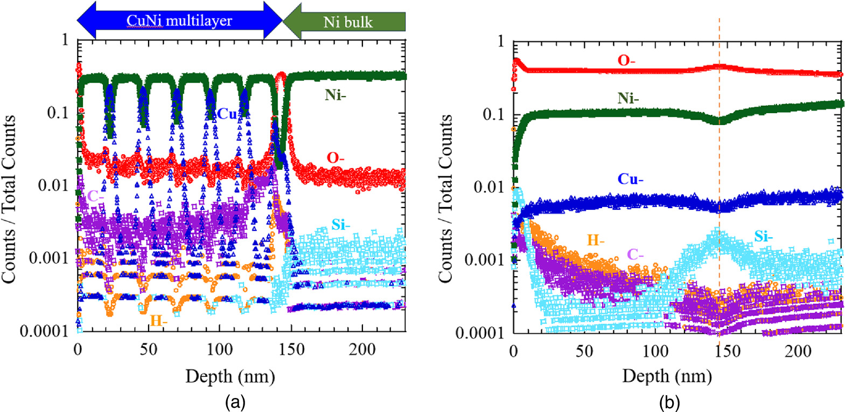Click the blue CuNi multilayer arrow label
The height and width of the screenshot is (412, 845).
pyautogui.click(x=179, y=21)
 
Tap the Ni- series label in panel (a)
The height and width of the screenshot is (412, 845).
pyautogui.click(x=335, y=95)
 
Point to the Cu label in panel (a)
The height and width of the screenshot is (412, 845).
pyautogui.click(x=227, y=114)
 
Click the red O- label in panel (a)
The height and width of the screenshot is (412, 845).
pyautogui.click(x=335, y=157)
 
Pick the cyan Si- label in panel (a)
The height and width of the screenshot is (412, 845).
pyautogui.click(x=340, y=224)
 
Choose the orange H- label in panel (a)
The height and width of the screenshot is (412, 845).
pyautogui.click(x=158, y=321)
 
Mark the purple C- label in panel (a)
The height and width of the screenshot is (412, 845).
pyautogui.click(x=95, y=196)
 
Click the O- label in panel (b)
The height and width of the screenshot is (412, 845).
pyautogui.click(x=626, y=60)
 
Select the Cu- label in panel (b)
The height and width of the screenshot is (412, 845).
pyautogui.click(x=630, y=179)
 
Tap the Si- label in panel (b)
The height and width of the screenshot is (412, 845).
pyautogui.click(x=763, y=236)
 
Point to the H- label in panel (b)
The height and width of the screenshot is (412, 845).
pyautogui.click(x=596, y=241)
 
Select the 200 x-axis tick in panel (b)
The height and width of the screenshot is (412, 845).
pyautogui.click(x=798, y=351)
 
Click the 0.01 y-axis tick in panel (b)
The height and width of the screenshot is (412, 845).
pyautogui.click(x=489, y=187)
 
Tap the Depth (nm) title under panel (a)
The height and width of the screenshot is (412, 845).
pyautogui.click(x=230, y=376)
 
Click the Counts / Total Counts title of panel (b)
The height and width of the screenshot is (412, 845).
pyautogui.click(x=445, y=200)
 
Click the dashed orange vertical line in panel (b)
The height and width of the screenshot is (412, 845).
pyautogui.click(x=720, y=162)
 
